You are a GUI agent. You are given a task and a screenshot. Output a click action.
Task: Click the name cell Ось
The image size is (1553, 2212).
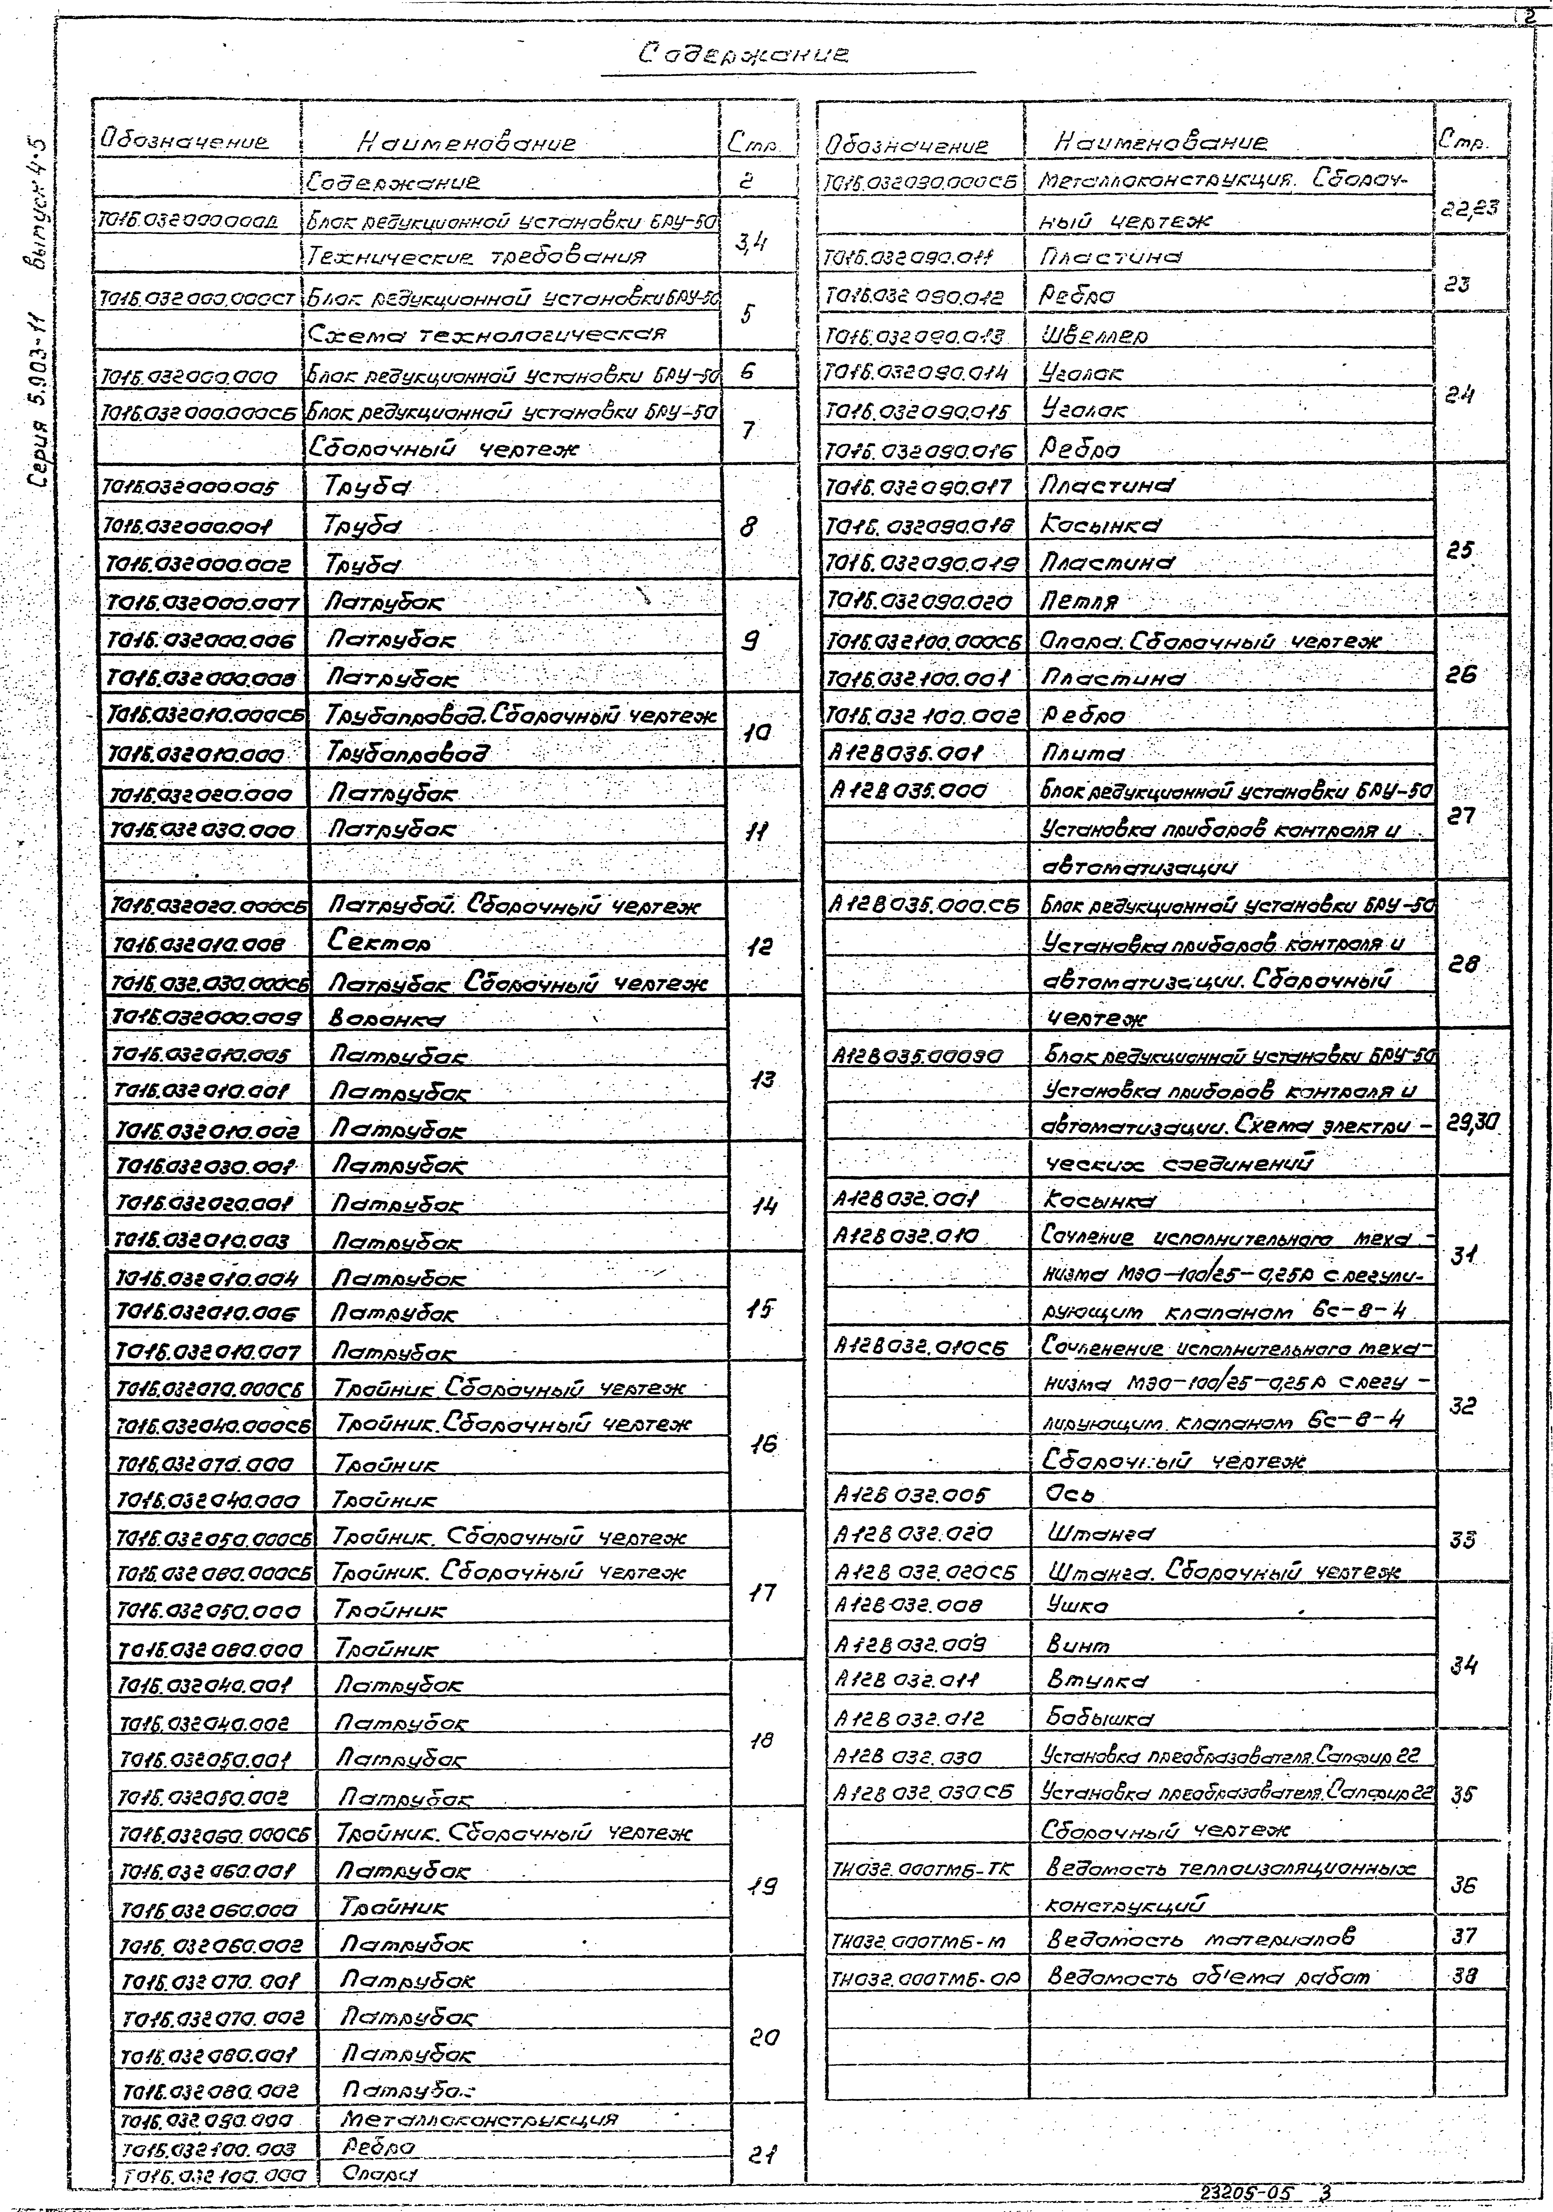[x=1069, y=1494]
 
